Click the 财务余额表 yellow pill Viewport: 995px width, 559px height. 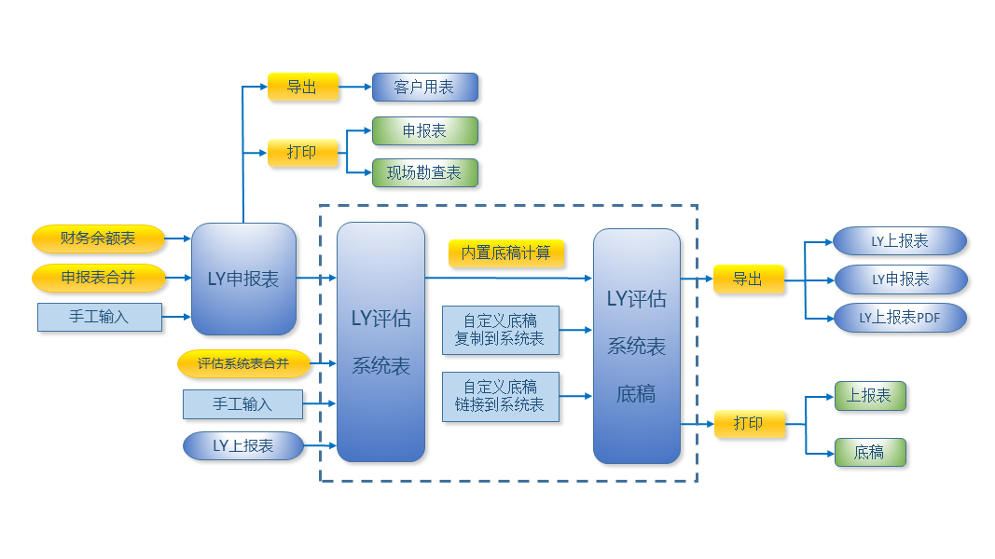tap(98, 239)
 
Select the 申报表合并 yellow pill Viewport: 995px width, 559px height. tap(98, 278)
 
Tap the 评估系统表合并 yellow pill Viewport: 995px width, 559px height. tap(242, 363)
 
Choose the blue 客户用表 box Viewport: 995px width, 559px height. tap(424, 88)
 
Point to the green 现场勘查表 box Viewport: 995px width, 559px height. tap(424, 172)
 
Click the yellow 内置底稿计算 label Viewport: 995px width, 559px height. tap(506, 252)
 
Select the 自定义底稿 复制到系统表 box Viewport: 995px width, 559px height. tap(500, 330)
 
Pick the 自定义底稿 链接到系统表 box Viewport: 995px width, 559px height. tap(500, 396)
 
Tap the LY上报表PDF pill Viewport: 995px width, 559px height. tap(899, 318)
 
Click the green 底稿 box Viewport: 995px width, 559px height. tap(869, 453)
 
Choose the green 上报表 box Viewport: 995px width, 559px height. tap(869, 396)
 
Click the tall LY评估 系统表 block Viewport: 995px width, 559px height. tap(380, 342)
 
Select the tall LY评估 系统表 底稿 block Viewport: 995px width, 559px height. tap(636, 346)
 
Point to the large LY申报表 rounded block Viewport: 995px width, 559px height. tap(243, 279)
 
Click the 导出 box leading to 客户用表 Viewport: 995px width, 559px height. tap(302, 88)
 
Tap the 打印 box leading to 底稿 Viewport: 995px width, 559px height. tap(748, 424)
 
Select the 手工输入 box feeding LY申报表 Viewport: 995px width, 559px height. tap(99, 317)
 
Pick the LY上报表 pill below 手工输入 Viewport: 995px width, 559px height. tap(242, 445)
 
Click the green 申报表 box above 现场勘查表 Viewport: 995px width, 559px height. tap(424, 131)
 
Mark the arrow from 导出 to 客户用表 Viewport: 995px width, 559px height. tap(354, 88)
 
